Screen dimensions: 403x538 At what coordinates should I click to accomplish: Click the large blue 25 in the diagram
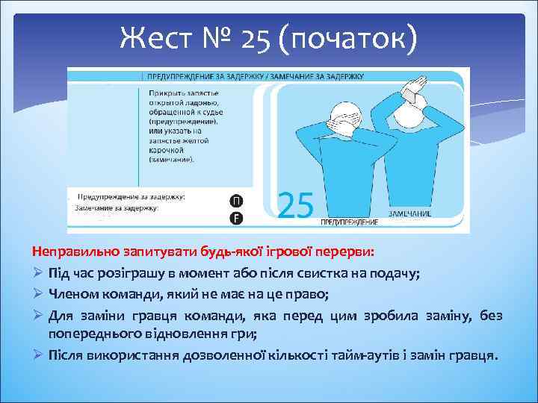[x=295, y=204]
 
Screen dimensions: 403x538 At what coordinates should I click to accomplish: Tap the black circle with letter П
[x=236, y=201]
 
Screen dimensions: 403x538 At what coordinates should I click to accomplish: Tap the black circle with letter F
[x=236, y=217]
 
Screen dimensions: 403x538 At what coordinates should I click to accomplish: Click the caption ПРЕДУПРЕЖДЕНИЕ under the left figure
[x=349, y=222]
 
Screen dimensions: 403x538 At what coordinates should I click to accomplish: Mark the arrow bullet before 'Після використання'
[x=37, y=354]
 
